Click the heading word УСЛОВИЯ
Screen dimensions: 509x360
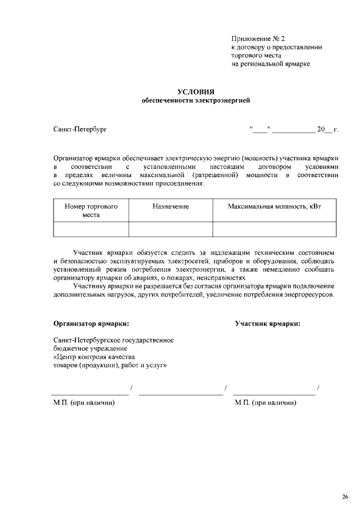(x=196, y=92)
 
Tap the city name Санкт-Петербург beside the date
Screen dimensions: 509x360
(x=80, y=130)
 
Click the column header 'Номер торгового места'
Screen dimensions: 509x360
(x=91, y=210)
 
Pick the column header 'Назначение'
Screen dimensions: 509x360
(x=170, y=207)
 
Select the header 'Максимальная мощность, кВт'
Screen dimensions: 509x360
(x=274, y=207)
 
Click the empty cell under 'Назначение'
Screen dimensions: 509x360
(x=170, y=229)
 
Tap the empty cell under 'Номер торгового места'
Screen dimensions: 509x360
(x=91, y=229)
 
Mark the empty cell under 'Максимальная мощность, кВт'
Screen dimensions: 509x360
(x=274, y=229)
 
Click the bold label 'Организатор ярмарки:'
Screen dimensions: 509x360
(x=91, y=323)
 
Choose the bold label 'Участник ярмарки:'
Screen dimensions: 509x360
(x=267, y=323)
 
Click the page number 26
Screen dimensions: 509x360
(x=345, y=496)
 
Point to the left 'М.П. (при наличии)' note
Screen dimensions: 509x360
(x=84, y=403)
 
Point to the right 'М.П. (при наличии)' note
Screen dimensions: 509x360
(x=265, y=403)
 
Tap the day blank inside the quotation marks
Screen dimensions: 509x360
(x=260, y=130)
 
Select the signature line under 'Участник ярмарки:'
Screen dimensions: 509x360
(x=274, y=393)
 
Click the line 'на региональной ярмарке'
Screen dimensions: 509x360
(x=271, y=64)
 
